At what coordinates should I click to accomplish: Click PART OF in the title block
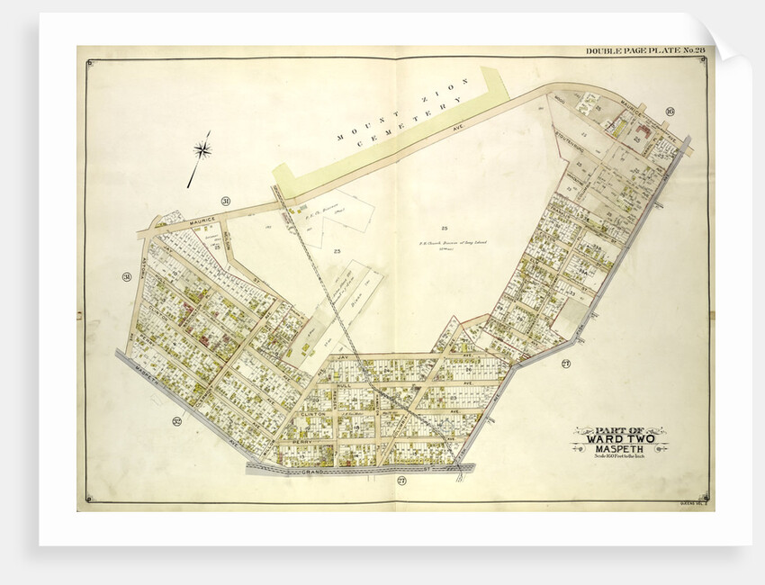[x=618, y=429]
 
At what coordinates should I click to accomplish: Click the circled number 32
[x=177, y=420]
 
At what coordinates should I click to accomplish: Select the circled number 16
[x=670, y=112]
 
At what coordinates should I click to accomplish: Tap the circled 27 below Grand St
[x=401, y=481]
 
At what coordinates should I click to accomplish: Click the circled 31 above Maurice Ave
[x=225, y=201]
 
